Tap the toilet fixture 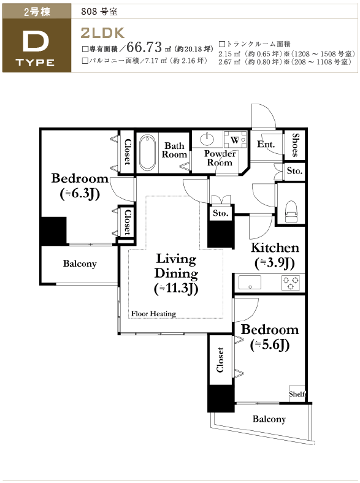(x=291, y=211)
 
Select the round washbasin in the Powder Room (x=207, y=139)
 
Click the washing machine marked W (x=235, y=140)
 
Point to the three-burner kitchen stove (x=290, y=283)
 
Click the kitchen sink (x=250, y=283)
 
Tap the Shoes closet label (x=295, y=145)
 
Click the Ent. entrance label (x=266, y=144)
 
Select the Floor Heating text (x=153, y=314)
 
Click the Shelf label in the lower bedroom (x=297, y=394)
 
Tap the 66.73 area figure (x=144, y=47)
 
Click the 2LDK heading (x=102, y=33)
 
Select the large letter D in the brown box (x=36, y=42)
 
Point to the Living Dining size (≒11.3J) (x=176, y=289)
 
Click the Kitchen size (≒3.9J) (x=275, y=263)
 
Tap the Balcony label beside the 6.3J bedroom (x=80, y=264)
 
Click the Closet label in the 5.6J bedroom (x=220, y=360)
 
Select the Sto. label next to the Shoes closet (x=294, y=170)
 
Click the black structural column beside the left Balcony (x=53, y=231)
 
